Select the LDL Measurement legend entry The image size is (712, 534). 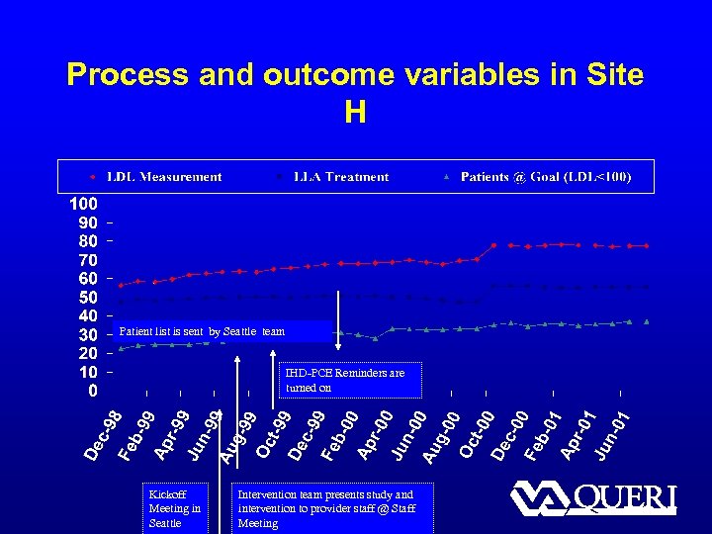[x=164, y=177]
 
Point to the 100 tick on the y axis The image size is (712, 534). [x=82, y=204]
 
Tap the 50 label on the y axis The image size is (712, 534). [x=88, y=298]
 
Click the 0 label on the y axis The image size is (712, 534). [x=93, y=392]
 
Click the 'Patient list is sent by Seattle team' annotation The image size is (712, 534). [x=202, y=332]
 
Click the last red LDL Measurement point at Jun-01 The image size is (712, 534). [x=647, y=245]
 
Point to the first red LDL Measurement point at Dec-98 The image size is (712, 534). [x=121, y=285]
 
